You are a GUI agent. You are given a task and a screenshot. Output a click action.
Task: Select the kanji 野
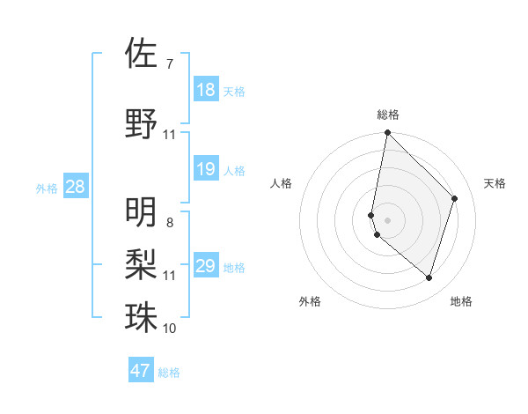(x=141, y=124)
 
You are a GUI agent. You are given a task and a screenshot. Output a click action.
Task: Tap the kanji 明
(x=141, y=212)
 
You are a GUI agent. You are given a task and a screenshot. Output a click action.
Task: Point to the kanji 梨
(x=141, y=264)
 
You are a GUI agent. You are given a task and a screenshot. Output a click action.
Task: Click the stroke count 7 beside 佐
(x=169, y=63)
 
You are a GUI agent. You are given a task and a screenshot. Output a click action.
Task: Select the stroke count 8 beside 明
(x=169, y=222)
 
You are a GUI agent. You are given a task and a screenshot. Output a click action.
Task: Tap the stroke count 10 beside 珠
(x=169, y=328)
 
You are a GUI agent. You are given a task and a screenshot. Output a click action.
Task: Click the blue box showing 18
(x=206, y=90)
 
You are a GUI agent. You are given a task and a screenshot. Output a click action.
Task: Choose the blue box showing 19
(x=206, y=169)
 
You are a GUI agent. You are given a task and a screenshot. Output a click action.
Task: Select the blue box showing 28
(x=75, y=187)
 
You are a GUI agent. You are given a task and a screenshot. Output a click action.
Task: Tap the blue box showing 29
(x=206, y=266)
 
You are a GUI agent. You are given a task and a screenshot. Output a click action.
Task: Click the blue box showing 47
(x=141, y=371)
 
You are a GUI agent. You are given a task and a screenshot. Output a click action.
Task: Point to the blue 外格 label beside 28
(x=47, y=188)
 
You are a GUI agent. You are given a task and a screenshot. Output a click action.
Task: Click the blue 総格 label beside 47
(x=169, y=373)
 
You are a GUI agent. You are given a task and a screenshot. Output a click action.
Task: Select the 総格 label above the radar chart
(x=388, y=115)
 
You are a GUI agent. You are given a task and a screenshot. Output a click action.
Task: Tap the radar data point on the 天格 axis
(x=455, y=198)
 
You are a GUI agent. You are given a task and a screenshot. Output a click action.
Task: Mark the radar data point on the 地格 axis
(x=429, y=277)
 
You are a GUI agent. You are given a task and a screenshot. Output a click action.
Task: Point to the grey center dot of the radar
(x=388, y=219)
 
